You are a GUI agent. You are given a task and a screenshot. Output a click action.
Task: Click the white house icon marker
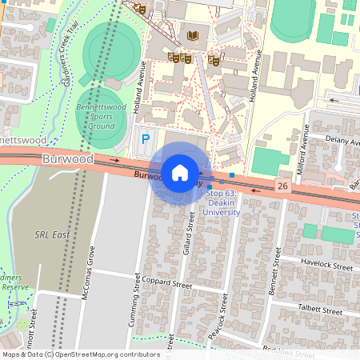click(180, 172)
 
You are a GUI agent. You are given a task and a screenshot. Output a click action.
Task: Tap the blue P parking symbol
click(145, 139)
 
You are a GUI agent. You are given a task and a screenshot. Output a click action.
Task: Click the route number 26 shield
click(282, 186)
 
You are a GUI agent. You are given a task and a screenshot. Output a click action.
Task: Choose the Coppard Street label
click(170, 284)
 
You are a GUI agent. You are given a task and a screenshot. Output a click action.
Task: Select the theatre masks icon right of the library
click(214, 59)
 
